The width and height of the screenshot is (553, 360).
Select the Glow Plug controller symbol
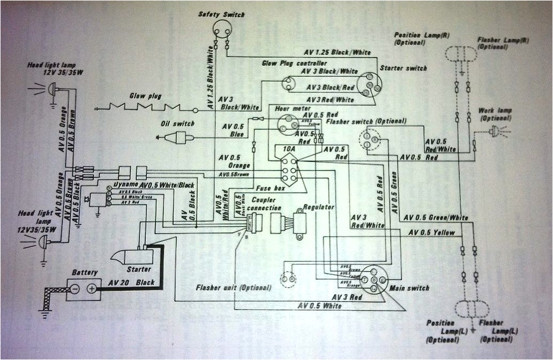290,82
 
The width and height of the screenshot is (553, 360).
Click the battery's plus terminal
92,288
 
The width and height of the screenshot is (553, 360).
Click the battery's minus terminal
75,288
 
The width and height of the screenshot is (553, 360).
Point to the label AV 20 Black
131,282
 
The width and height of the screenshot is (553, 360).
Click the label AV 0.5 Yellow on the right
431,233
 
